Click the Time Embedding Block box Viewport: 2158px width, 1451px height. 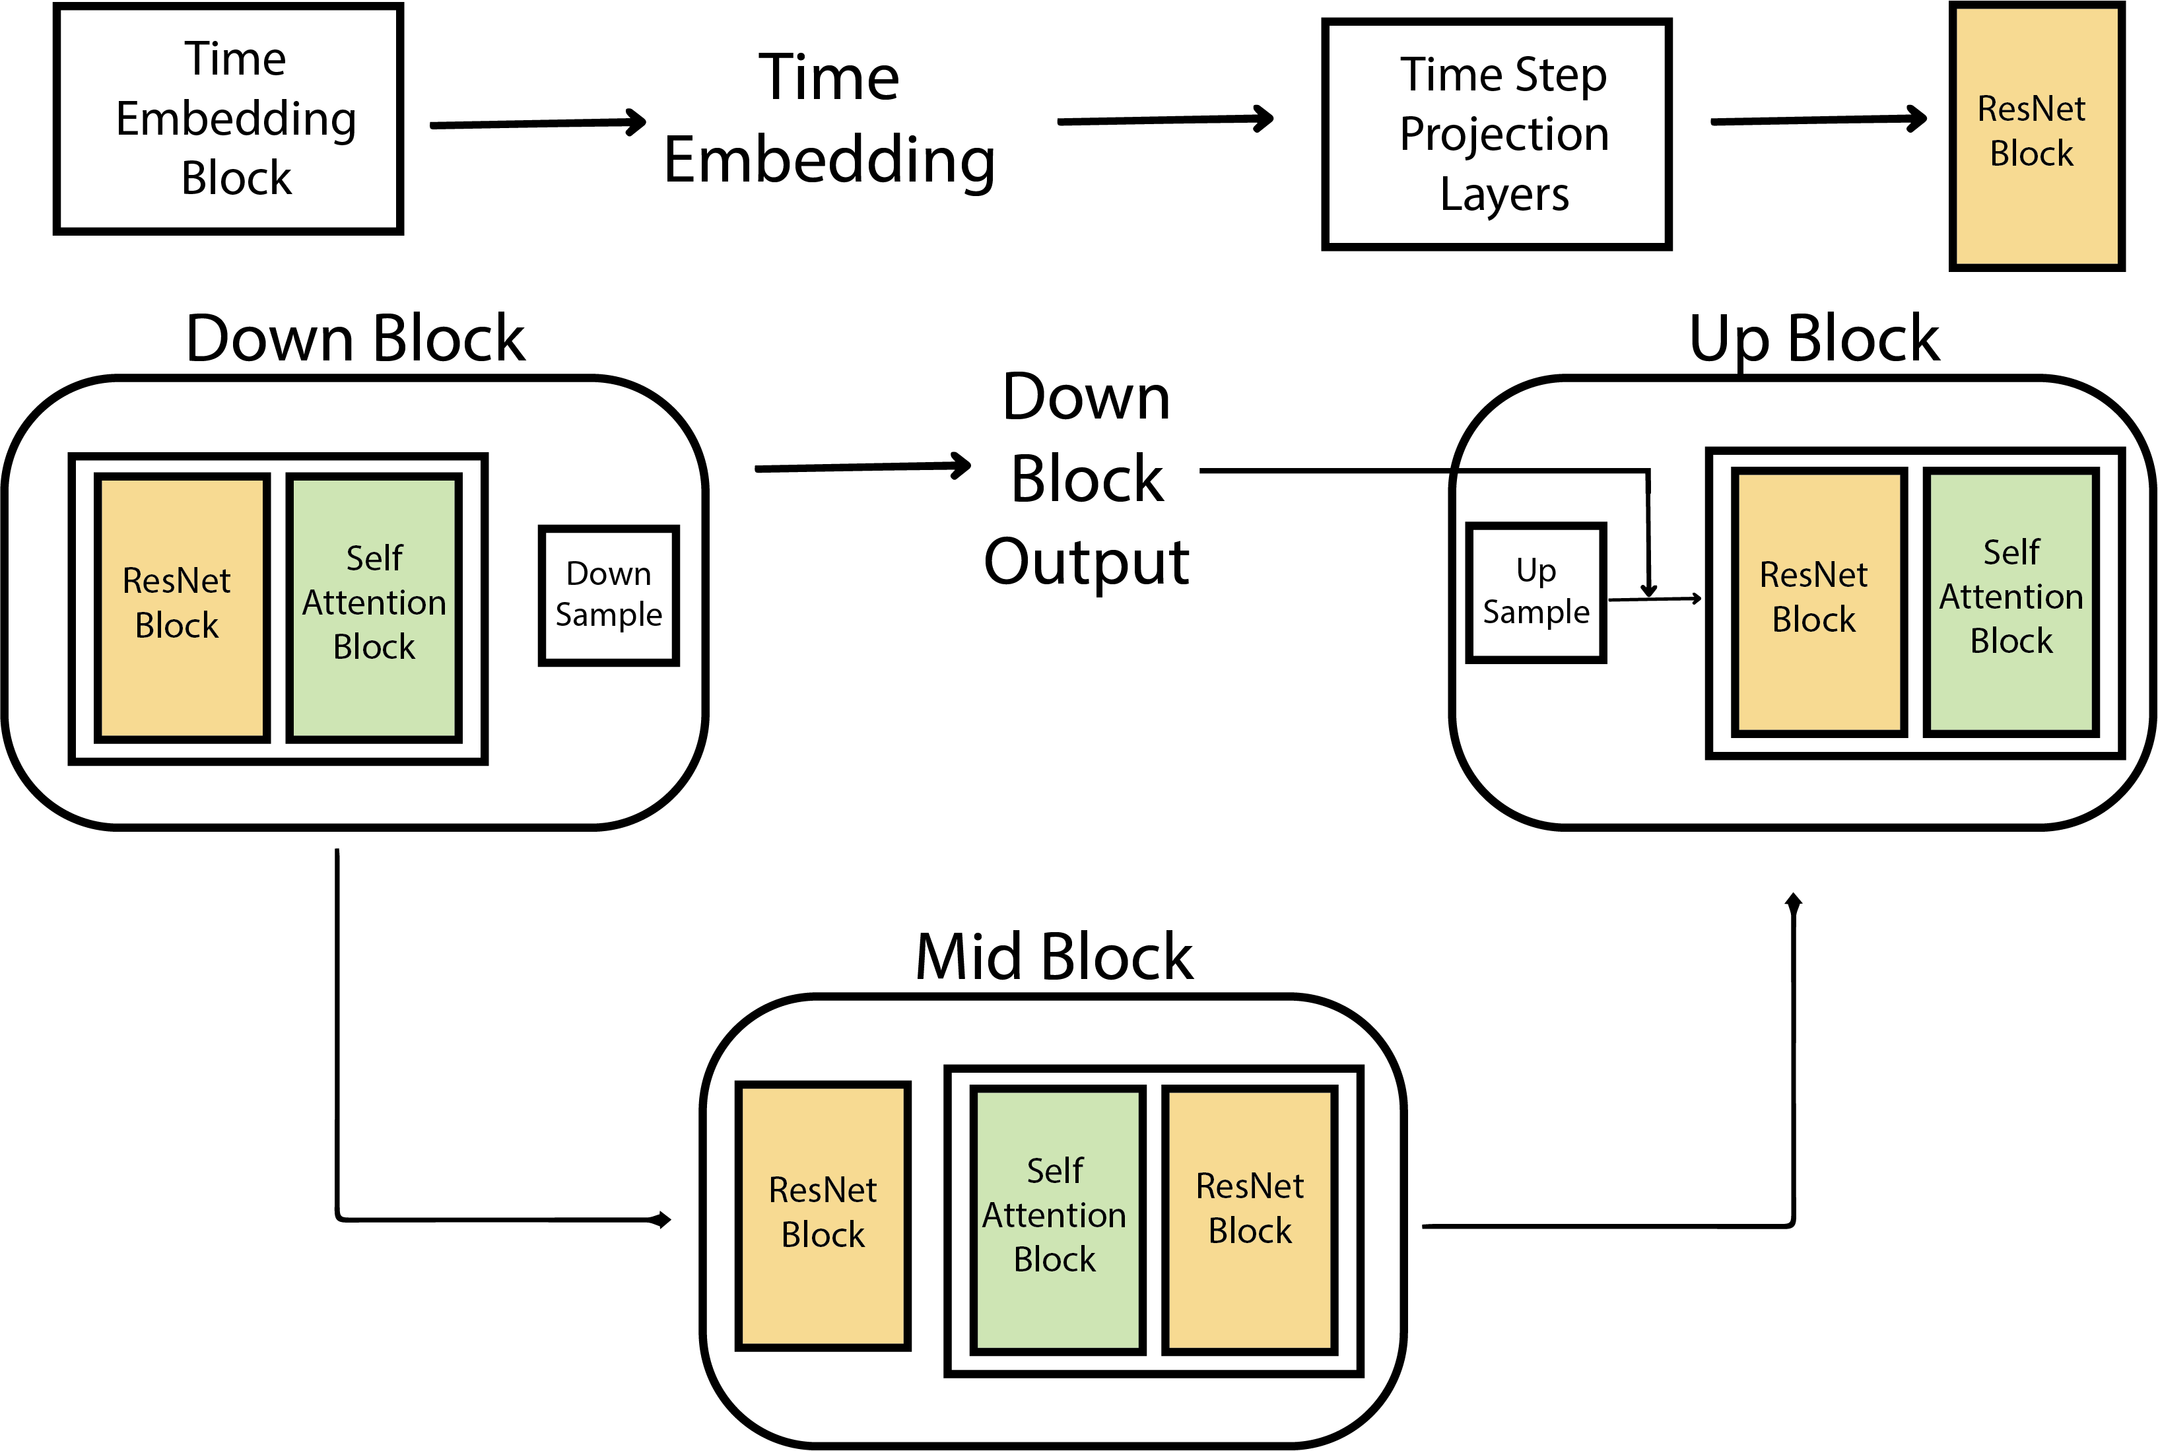228,118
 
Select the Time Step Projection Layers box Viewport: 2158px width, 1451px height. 1497,134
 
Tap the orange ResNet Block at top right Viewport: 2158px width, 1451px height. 2036,136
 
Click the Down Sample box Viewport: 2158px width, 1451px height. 608,595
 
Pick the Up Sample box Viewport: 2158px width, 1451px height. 1536,592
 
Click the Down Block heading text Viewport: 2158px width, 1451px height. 355,339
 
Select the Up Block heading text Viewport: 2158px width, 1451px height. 1814,339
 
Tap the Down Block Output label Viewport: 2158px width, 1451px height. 1087,479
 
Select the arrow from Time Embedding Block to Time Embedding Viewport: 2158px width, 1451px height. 537,123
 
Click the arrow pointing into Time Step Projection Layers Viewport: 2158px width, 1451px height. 1164,119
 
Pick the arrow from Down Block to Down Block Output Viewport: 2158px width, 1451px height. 861,467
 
